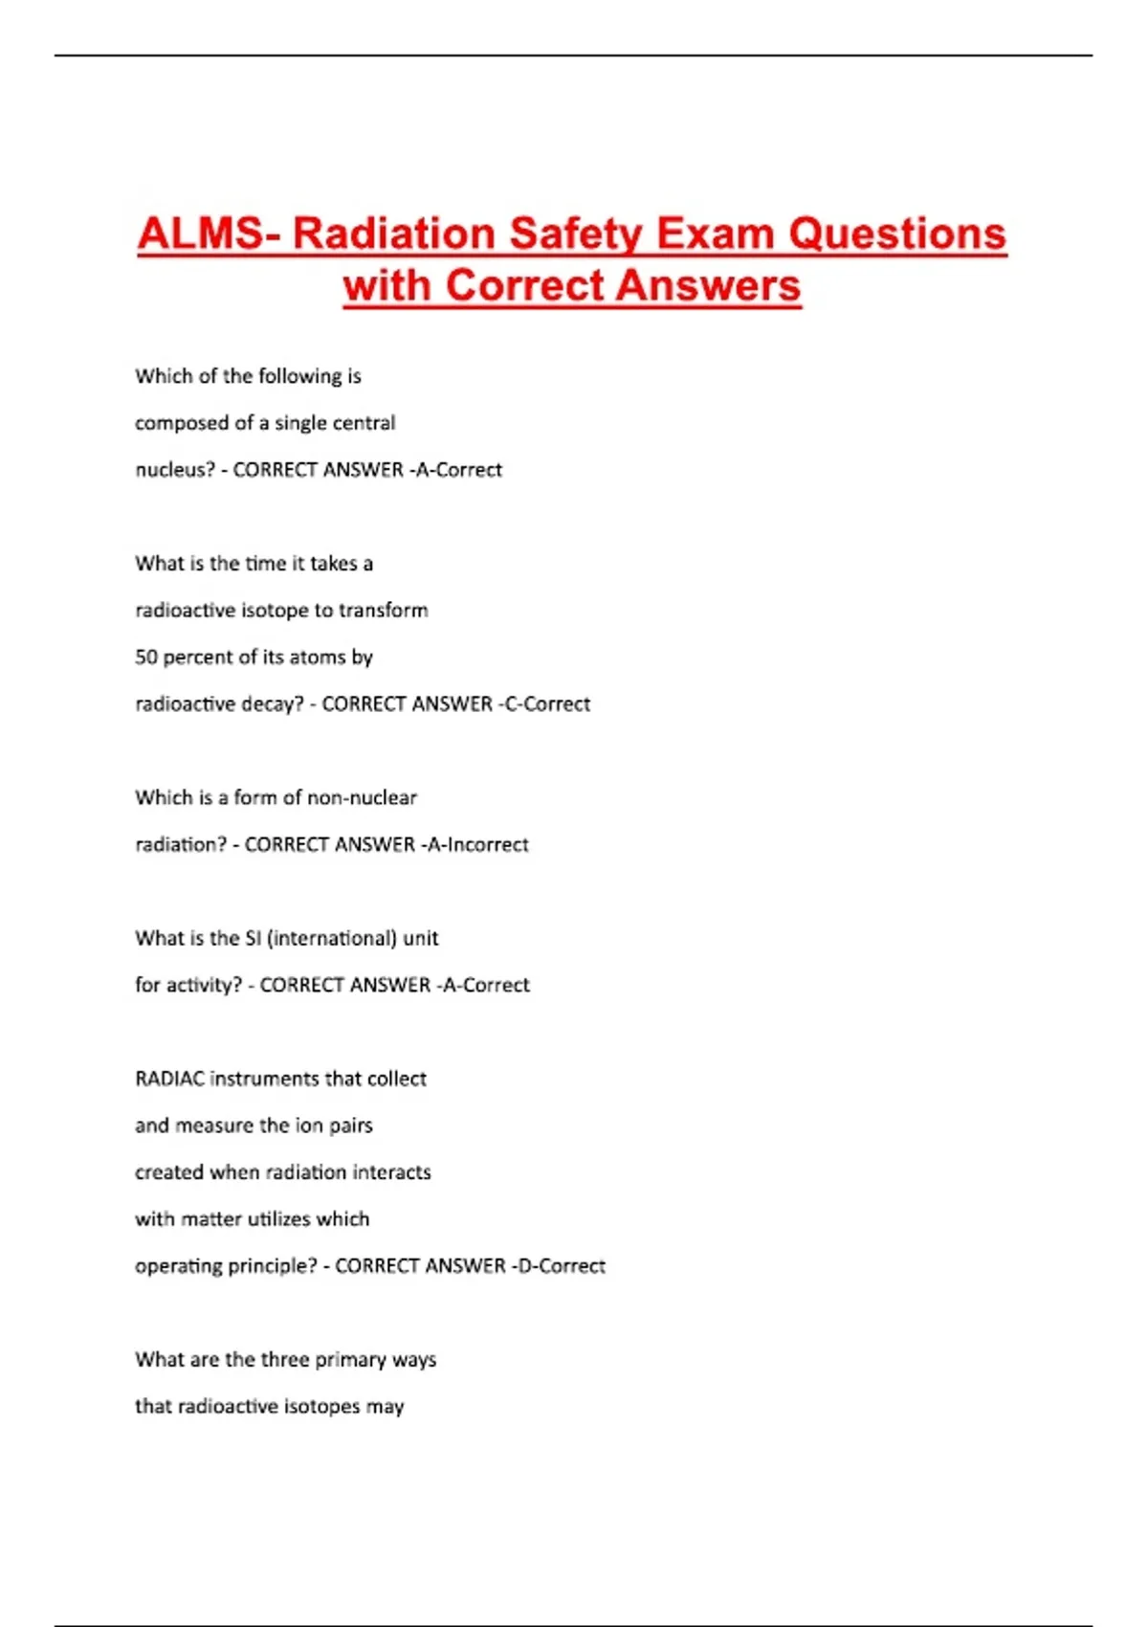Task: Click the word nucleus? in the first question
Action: coord(175,470)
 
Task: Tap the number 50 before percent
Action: coord(146,657)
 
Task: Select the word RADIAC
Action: coord(169,1079)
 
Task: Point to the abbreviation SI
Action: coord(253,938)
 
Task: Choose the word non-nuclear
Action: coord(362,797)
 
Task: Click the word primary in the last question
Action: coord(350,1360)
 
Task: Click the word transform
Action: coord(383,611)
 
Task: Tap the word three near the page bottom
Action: coord(284,1360)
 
